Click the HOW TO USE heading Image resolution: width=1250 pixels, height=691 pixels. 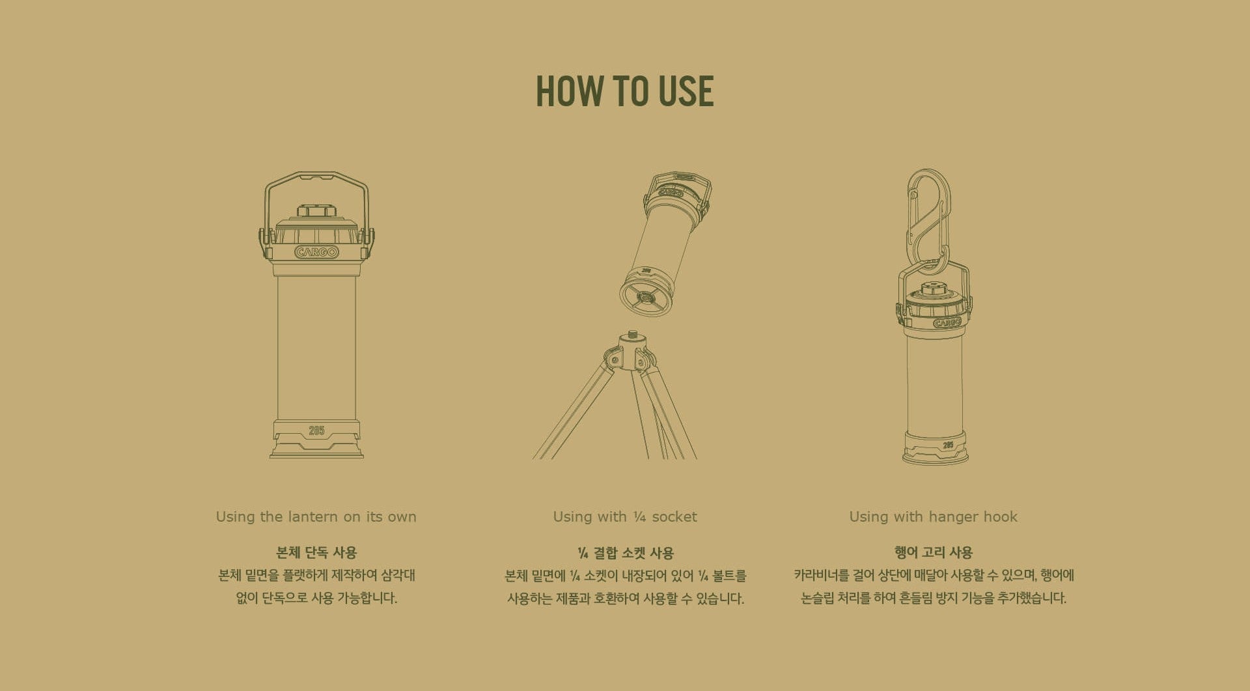coord(624,91)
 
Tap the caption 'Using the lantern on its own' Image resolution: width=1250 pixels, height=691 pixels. coord(316,516)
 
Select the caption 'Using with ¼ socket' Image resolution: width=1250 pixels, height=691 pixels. coord(625,516)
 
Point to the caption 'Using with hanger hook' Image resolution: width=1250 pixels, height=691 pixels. coord(933,516)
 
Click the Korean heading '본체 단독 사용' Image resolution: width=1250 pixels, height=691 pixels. coord(316,552)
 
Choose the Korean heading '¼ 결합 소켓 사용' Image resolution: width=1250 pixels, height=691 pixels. coord(626,553)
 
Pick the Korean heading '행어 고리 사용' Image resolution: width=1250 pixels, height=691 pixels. coord(934,552)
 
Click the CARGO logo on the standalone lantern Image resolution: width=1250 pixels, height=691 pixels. coord(316,252)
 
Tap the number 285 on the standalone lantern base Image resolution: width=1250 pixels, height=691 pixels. coord(316,430)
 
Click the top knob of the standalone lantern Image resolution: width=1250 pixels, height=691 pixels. coord(316,210)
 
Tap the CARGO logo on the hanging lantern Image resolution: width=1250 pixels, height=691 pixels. coord(947,323)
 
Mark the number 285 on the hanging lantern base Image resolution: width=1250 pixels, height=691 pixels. coord(948,445)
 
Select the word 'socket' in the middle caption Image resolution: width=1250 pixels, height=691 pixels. coord(674,516)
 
